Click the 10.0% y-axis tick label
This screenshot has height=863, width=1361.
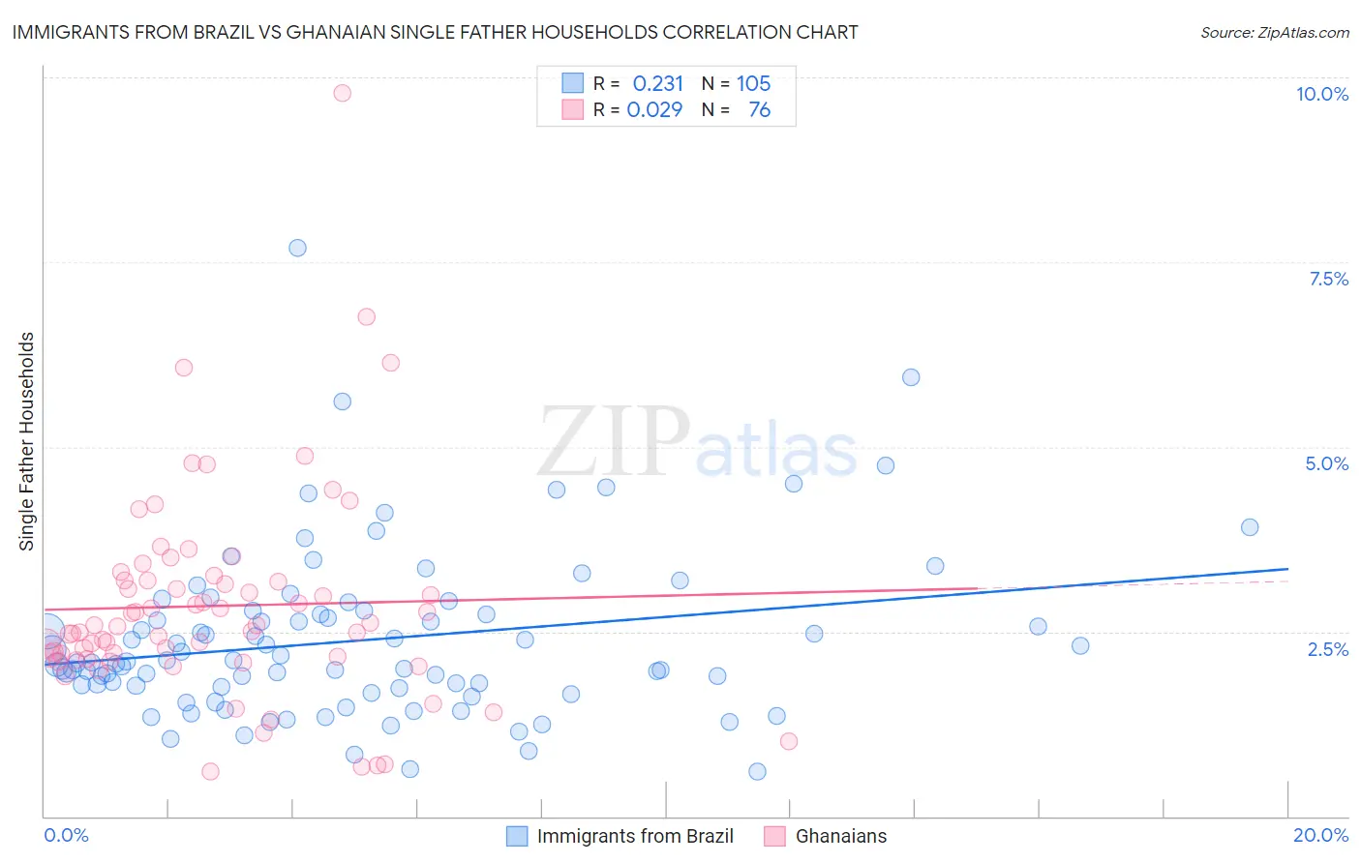point(1321,94)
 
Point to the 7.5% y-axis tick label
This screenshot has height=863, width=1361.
point(1328,279)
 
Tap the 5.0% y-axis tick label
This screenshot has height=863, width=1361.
point(1326,463)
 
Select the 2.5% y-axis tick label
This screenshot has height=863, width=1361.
point(1327,649)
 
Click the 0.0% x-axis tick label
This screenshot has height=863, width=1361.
point(66,835)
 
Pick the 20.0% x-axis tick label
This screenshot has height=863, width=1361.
point(1320,835)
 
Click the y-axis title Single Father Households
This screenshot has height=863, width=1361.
point(27,441)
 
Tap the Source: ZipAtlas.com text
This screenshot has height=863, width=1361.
point(1274,33)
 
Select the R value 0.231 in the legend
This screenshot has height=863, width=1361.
point(657,84)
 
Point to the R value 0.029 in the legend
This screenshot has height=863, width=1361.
point(654,110)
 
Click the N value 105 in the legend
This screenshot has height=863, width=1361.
point(753,84)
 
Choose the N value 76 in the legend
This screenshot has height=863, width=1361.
point(759,110)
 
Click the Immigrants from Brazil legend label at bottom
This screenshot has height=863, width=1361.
point(635,836)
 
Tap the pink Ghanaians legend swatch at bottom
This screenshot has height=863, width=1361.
point(774,836)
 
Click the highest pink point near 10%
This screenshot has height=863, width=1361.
point(342,93)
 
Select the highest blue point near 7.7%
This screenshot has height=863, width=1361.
point(297,248)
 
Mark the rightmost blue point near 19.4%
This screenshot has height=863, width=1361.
point(1250,527)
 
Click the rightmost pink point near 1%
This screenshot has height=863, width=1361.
point(789,741)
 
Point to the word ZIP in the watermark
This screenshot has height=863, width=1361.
point(614,442)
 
